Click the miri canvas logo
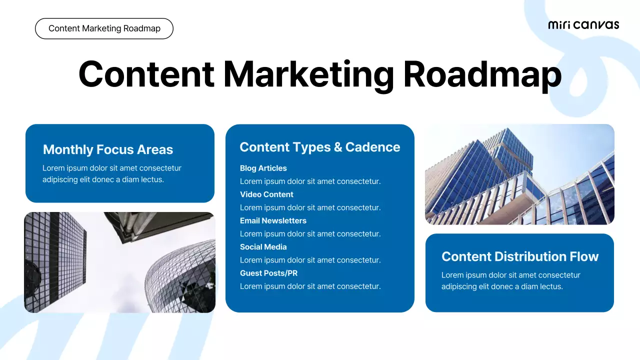pos(583,25)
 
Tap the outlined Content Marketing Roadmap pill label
pos(104,28)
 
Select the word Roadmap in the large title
pos(482,74)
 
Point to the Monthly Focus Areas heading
pos(108,149)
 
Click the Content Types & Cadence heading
pos(320,147)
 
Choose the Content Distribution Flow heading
pos(520,256)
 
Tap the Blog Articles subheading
pos(263,168)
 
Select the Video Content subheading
pos(266,194)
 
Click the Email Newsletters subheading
pos(273,220)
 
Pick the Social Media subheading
pos(263,247)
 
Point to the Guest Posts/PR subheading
pos(268,273)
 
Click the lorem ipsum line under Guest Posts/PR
pos(310,286)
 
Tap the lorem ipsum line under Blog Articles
pos(310,181)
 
